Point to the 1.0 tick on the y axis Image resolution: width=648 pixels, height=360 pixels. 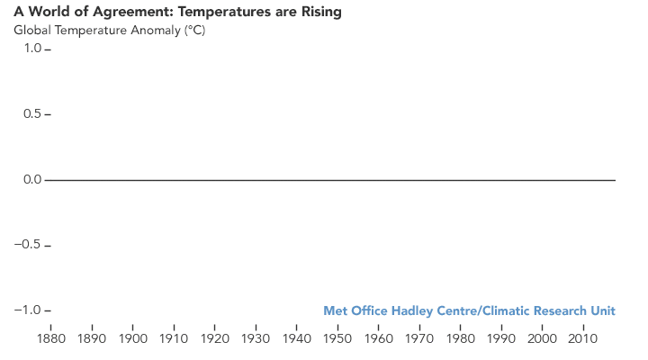(x=31, y=49)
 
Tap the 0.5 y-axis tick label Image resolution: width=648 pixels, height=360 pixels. (x=31, y=114)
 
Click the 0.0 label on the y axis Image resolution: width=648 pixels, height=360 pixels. (x=31, y=180)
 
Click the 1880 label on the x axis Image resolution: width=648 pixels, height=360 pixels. (x=51, y=339)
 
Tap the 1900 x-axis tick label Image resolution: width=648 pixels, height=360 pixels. (x=133, y=339)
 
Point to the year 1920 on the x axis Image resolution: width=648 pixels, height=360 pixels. (x=215, y=339)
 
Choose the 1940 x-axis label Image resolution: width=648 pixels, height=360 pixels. (x=297, y=339)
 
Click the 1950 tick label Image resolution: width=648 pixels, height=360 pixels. (x=337, y=339)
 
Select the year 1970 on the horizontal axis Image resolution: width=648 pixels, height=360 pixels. (x=419, y=339)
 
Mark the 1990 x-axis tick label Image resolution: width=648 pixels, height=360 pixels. (x=501, y=339)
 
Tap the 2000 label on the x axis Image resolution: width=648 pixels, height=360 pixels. (x=542, y=339)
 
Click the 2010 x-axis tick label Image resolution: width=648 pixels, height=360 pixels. (x=583, y=339)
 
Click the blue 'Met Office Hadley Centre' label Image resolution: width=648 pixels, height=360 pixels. (x=399, y=311)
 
